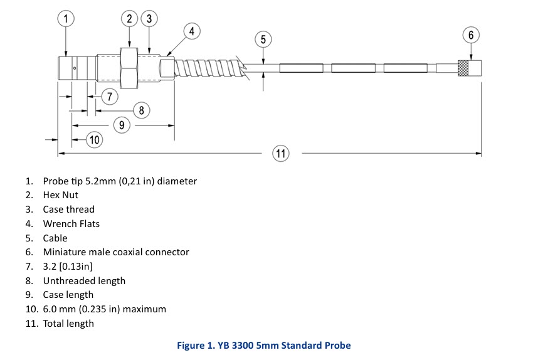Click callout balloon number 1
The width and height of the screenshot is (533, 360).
(x=66, y=19)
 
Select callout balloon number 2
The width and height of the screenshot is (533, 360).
(x=130, y=19)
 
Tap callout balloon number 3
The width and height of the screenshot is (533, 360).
(x=149, y=19)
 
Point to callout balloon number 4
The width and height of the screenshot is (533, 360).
(x=192, y=30)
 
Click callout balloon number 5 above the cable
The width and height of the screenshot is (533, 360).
(x=263, y=40)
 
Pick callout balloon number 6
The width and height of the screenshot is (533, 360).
(x=471, y=34)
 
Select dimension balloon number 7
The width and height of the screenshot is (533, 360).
(x=109, y=97)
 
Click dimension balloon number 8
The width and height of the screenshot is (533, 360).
(x=142, y=110)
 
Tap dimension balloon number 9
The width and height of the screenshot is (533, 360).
(x=123, y=125)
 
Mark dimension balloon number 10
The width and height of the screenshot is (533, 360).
(x=94, y=139)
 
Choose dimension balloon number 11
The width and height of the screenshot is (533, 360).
(x=280, y=152)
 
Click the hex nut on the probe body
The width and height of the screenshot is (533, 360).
(x=130, y=68)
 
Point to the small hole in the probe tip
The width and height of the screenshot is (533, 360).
(x=75, y=68)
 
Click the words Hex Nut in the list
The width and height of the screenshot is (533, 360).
(x=60, y=195)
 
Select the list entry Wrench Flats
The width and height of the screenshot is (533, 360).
(x=71, y=224)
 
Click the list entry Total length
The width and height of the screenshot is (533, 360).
(x=68, y=324)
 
